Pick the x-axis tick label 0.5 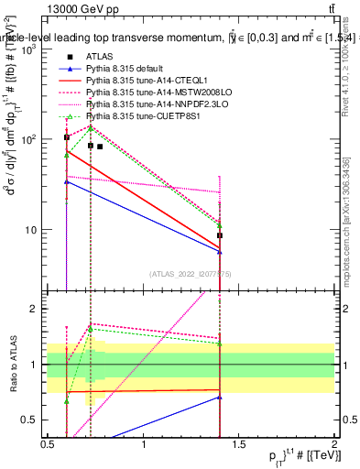48,444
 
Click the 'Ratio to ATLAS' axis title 12,365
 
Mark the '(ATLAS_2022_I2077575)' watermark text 191,272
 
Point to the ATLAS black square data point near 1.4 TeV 220,235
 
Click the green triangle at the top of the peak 90,128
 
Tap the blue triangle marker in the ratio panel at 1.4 220,397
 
